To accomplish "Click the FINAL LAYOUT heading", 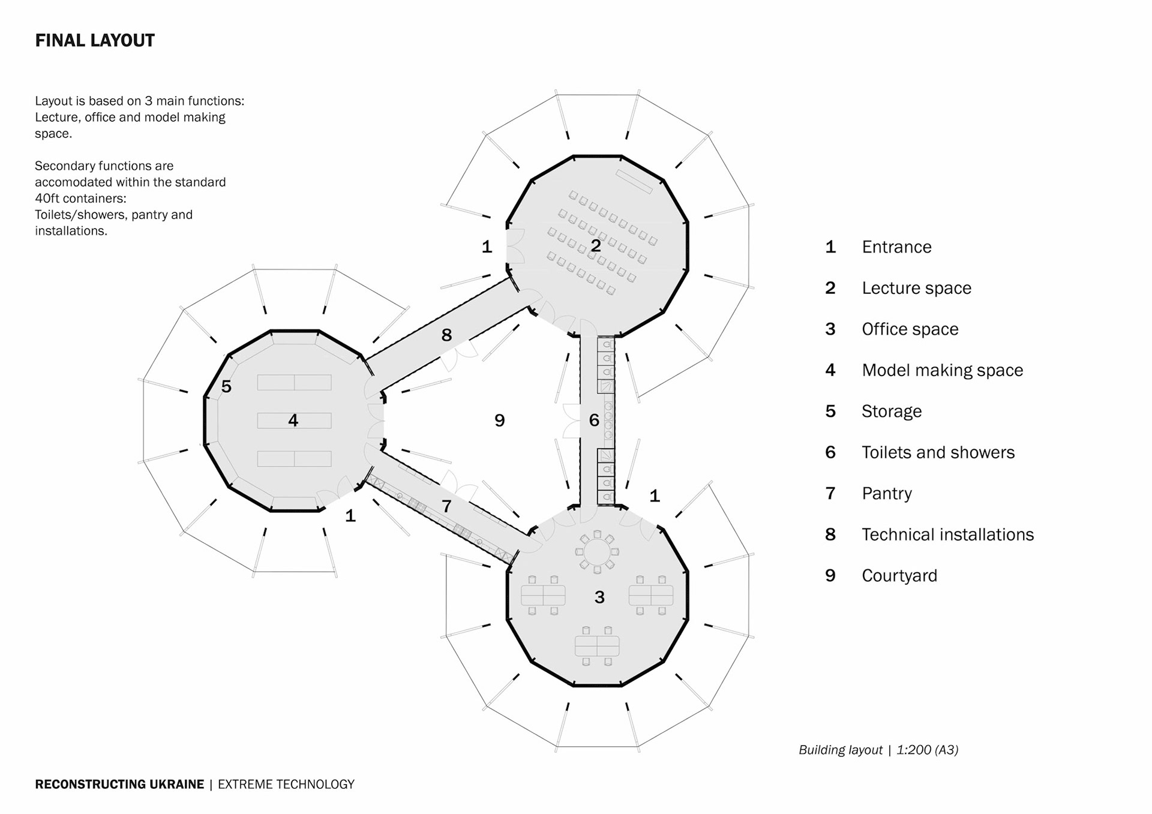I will coord(95,41).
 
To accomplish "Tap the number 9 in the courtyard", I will coord(500,420).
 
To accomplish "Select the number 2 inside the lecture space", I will coord(596,246).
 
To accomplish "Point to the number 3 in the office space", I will coord(599,597).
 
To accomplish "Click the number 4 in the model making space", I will coord(293,420).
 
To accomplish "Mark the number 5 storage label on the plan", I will coord(226,386).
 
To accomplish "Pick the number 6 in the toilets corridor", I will coord(594,420).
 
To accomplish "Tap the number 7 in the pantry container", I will coord(446,506).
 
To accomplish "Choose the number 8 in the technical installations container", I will coord(446,335).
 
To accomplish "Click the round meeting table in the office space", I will coord(597,551).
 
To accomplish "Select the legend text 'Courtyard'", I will coord(899,576).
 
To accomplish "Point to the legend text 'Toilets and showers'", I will coord(938,452).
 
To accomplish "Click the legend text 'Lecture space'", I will coord(916,289).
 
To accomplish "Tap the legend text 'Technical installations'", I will coord(947,534).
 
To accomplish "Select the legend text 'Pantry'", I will coord(887,494).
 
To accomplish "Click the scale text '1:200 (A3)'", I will coord(927,750).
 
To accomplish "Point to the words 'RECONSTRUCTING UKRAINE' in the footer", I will coord(119,785).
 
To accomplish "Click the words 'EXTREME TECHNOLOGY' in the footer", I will coord(286,785).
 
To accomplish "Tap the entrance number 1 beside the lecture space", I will coord(487,247).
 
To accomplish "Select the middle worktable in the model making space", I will coord(294,420).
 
